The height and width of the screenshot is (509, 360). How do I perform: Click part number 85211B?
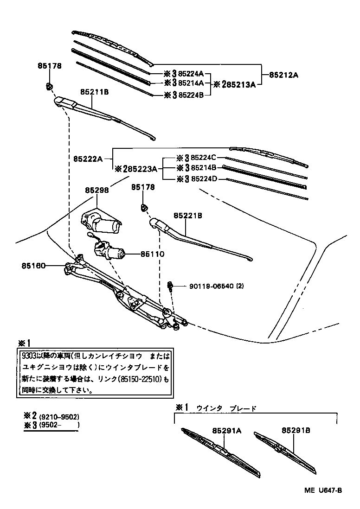(x=94, y=92)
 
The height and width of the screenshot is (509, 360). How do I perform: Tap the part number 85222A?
(x=87, y=159)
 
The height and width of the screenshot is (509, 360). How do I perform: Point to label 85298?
(x=96, y=190)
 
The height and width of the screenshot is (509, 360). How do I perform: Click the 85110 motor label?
(x=153, y=254)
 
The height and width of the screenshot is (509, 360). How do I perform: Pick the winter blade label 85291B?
(x=295, y=430)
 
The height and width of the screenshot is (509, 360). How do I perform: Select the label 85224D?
(x=201, y=179)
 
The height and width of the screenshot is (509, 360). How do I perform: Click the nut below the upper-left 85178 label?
(x=49, y=86)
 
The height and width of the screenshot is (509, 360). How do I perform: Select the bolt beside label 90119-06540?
(x=171, y=286)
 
